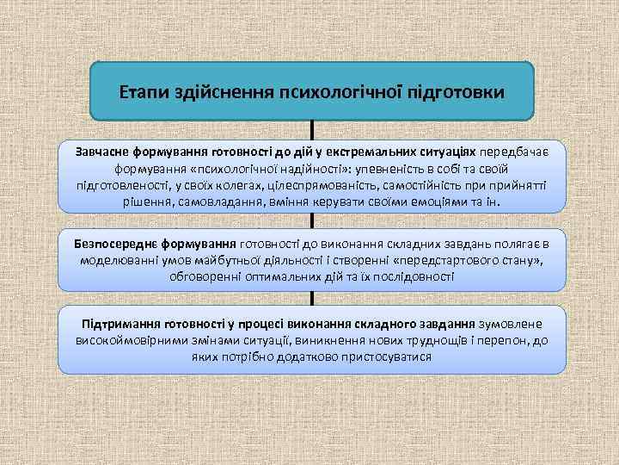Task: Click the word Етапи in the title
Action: click(x=144, y=90)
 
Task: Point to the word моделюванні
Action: click(x=120, y=260)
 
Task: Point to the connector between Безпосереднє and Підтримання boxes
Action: click(x=311, y=298)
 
